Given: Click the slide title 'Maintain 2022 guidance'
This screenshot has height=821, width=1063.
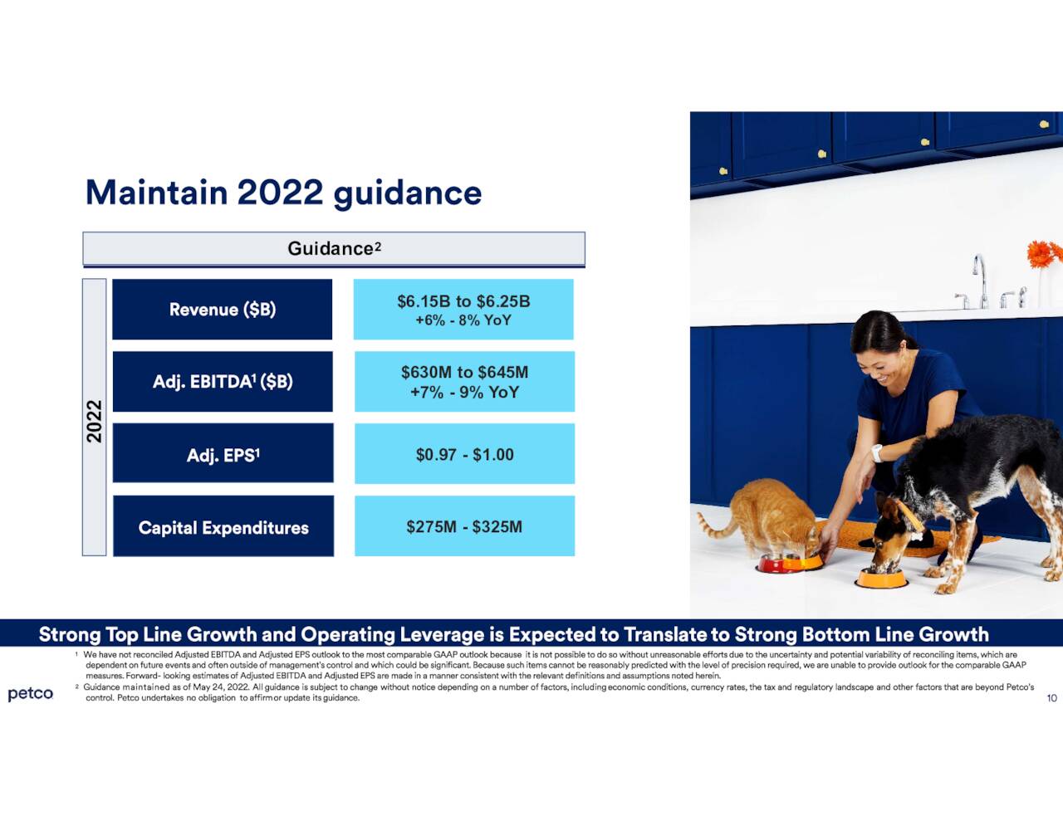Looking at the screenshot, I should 283,193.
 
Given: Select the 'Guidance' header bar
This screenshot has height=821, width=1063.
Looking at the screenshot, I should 334,249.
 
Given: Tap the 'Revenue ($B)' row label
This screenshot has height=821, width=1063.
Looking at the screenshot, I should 222,310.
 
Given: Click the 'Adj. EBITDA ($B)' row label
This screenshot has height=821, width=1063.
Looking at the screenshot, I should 223,382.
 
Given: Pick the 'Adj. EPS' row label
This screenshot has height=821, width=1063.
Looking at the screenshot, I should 223,454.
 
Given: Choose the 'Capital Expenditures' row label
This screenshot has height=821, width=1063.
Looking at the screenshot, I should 223,527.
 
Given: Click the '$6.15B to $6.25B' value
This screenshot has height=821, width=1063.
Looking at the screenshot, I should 463,301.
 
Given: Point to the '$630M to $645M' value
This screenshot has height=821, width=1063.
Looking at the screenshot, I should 464,373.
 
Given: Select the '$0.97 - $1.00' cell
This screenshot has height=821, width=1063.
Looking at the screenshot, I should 464,454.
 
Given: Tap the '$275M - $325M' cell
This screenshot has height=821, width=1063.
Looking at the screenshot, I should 464,526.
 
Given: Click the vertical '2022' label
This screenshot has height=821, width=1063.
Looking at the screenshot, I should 95,421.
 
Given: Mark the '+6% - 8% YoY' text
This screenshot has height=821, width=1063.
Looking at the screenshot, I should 463,320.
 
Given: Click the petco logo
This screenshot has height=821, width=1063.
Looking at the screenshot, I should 31,693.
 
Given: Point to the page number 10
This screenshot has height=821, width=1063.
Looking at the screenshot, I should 1051,698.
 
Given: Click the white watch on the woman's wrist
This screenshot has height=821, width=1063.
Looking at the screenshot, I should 876,453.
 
